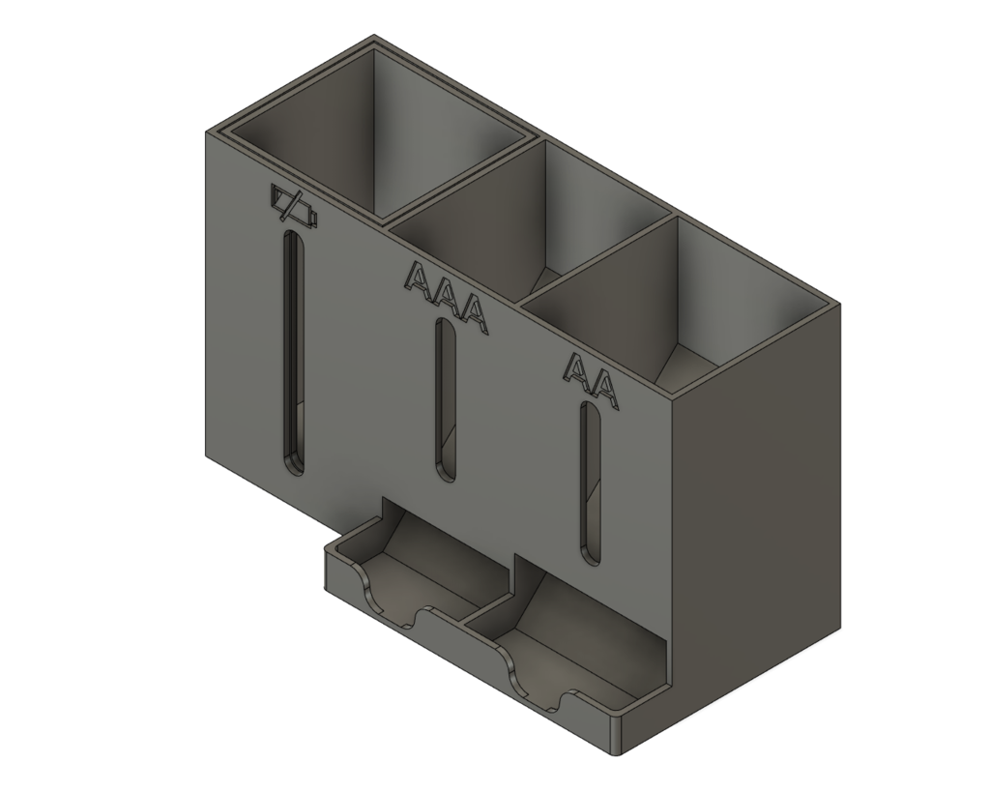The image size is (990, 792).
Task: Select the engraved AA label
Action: pos(591,379)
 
